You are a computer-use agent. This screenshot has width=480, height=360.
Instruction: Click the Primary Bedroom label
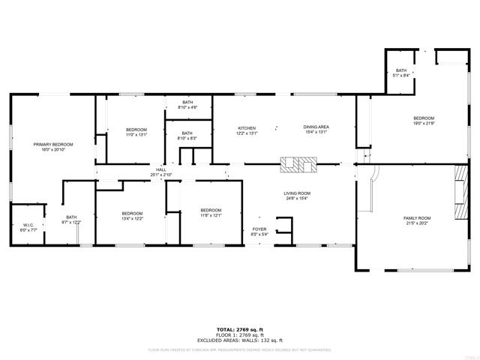52,146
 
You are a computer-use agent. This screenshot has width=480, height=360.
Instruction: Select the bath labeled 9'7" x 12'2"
71,220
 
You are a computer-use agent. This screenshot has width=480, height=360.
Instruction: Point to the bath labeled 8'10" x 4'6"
187,105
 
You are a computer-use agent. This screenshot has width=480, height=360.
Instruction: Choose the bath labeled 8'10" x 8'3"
187,136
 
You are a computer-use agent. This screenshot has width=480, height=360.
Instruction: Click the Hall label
160,172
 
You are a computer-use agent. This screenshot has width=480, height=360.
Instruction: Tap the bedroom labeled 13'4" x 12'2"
132,216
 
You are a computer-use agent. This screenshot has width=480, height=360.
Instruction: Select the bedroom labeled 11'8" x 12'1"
211,212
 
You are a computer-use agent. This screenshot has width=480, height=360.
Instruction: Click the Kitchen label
247,130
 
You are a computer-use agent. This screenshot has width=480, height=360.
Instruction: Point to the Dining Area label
315,130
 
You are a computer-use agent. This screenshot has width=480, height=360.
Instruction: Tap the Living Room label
297,196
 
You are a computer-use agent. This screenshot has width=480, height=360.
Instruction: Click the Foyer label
259,231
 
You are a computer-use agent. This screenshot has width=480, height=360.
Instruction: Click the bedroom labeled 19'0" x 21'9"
424,121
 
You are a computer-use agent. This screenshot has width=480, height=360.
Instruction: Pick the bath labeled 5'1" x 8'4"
401,73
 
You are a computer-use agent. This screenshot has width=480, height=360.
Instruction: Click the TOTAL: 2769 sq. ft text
239,329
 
